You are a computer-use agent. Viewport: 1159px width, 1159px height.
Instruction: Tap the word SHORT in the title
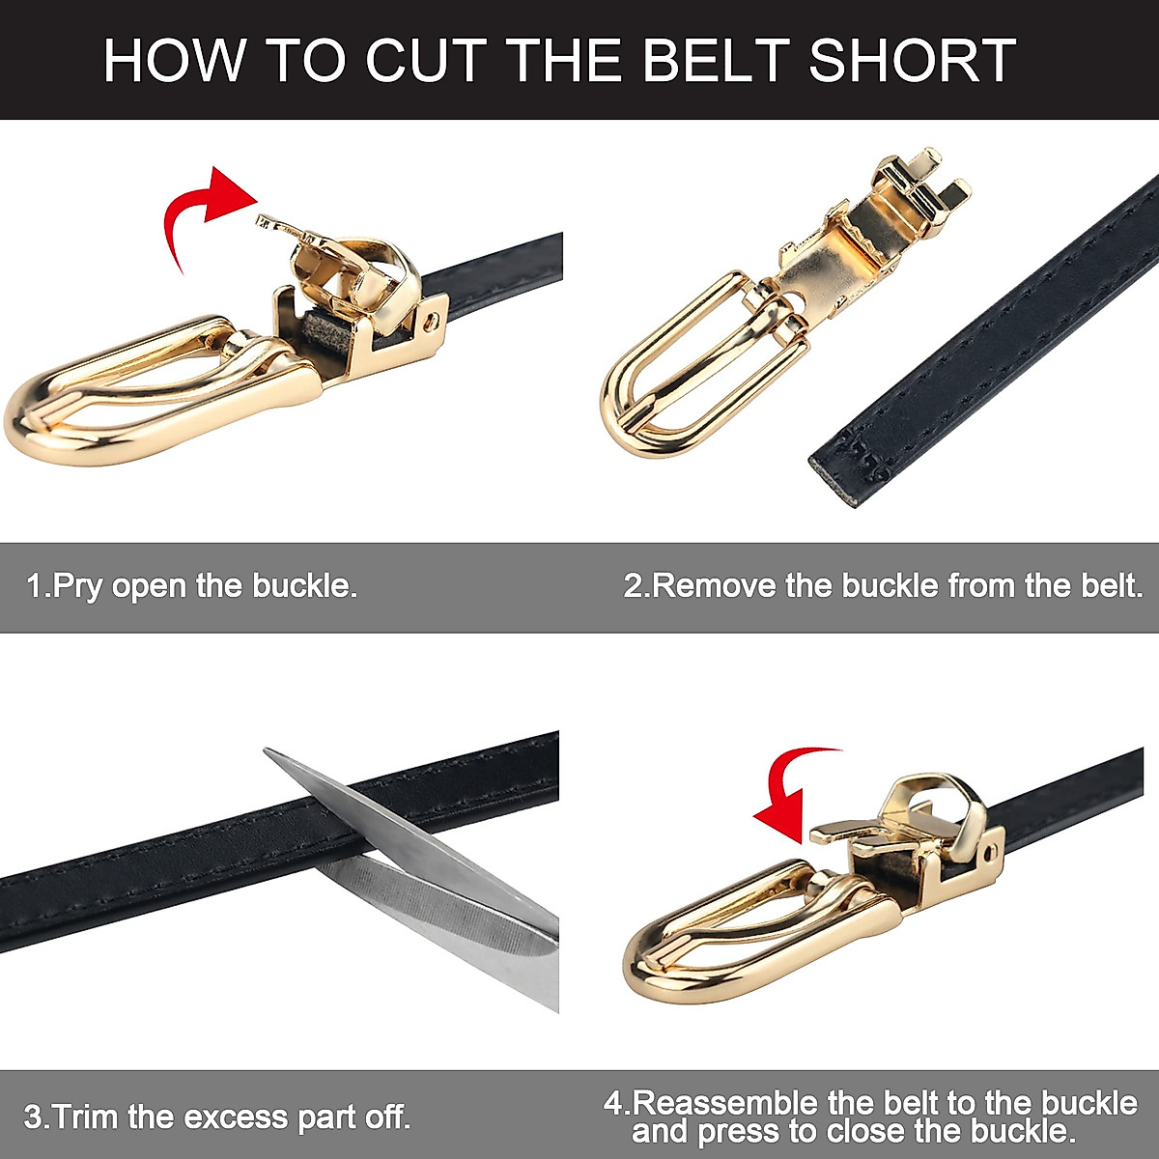pyautogui.click(x=912, y=60)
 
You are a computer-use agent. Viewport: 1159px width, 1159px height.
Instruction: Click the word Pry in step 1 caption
pyautogui.click(x=77, y=586)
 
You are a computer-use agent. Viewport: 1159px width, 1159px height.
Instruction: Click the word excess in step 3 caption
pyautogui.click(x=236, y=1117)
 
